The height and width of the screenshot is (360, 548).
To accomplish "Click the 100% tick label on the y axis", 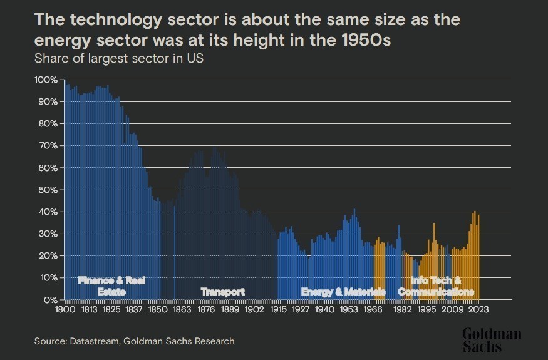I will (x=46, y=80).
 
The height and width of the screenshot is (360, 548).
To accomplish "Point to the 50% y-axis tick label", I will (x=48, y=190).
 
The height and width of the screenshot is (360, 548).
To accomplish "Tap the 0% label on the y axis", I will (x=51, y=300).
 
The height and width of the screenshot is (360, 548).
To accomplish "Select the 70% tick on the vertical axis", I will (x=48, y=146).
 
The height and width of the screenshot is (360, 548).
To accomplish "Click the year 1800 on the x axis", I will (x=65, y=309).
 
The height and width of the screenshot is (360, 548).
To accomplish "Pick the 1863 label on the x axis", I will (x=182, y=309).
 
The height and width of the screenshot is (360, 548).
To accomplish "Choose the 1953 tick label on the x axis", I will (x=348, y=309).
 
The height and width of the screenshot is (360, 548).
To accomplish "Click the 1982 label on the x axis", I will (x=402, y=309).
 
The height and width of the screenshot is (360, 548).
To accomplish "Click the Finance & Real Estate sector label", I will (x=111, y=286).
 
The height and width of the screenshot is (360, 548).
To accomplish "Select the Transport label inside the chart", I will (x=222, y=292).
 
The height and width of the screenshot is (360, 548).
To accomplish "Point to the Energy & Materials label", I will (x=343, y=292).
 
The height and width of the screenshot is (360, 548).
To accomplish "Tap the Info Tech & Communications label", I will (x=436, y=286).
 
